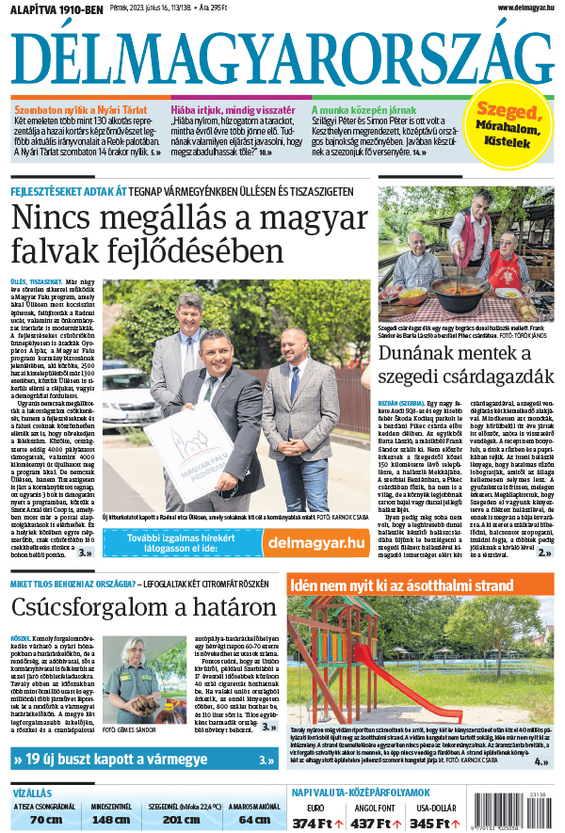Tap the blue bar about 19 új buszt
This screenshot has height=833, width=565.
click(x=141, y=759)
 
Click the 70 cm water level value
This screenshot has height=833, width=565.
click(x=45, y=819)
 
